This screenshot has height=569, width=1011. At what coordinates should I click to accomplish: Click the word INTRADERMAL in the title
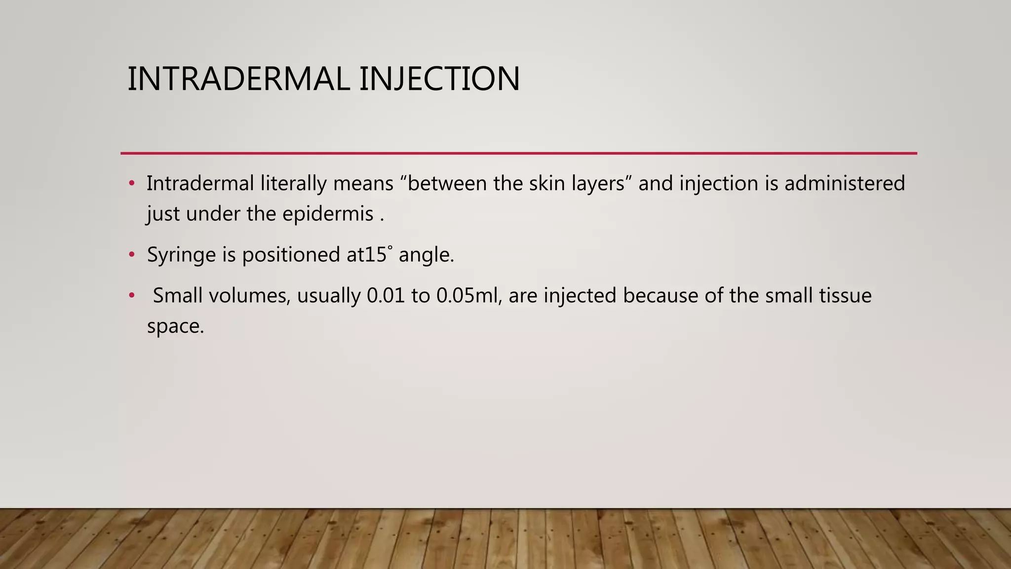(238, 79)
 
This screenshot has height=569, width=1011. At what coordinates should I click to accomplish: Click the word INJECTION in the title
(439, 79)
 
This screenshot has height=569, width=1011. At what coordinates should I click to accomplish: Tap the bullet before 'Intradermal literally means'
(131, 184)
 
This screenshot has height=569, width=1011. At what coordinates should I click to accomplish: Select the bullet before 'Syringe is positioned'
(131, 255)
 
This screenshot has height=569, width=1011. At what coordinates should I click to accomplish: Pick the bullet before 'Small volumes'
(131, 296)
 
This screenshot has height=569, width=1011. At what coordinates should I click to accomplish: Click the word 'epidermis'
(328, 214)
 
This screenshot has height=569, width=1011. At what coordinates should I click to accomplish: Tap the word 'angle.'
(426, 255)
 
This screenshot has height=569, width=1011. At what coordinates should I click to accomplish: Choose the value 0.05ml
(469, 296)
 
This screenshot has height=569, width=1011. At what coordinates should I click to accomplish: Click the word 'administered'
(845, 183)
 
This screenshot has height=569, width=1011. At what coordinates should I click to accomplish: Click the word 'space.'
(175, 327)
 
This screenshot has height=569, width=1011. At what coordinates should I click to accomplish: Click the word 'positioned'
(291, 255)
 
